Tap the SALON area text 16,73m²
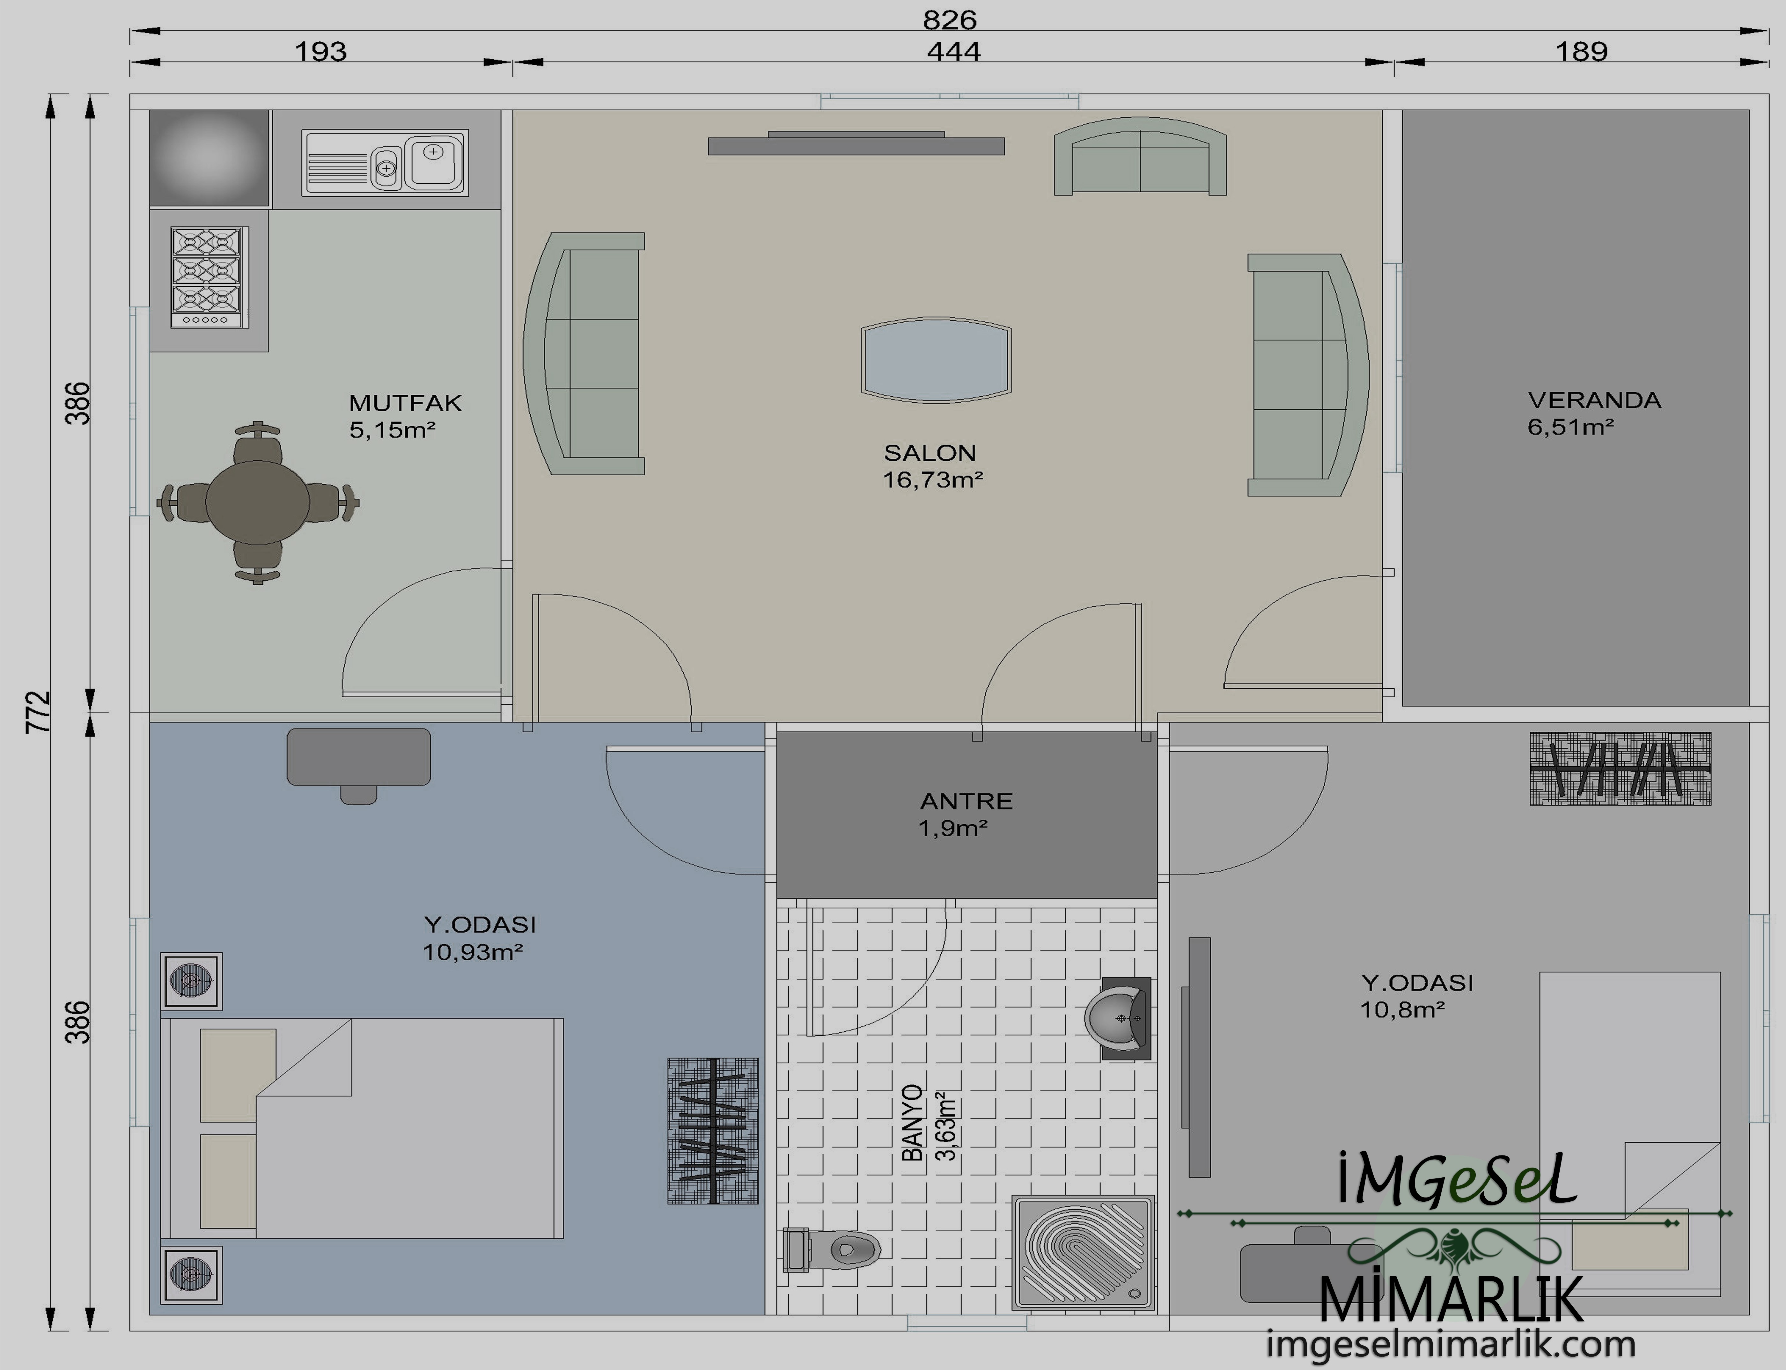pyautogui.click(x=933, y=480)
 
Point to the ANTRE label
pyautogui.click(x=966, y=801)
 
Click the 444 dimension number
pyautogui.click(x=953, y=51)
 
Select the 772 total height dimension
pyautogui.click(x=38, y=712)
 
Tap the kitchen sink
pyautogui.click(x=385, y=162)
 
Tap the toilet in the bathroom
pyautogui.click(x=832, y=1249)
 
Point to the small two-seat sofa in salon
pyautogui.click(x=1140, y=157)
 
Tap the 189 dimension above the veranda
pyautogui.click(x=1581, y=51)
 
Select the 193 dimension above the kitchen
pyautogui.click(x=320, y=51)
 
